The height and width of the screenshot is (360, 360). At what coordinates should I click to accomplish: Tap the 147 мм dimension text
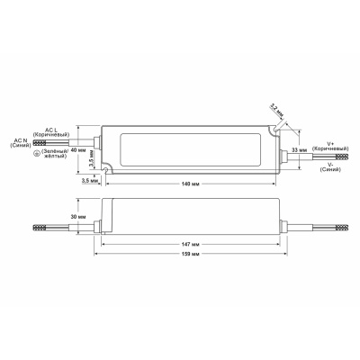(186, 243)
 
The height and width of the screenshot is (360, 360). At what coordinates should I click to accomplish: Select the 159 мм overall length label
(186, 255)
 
